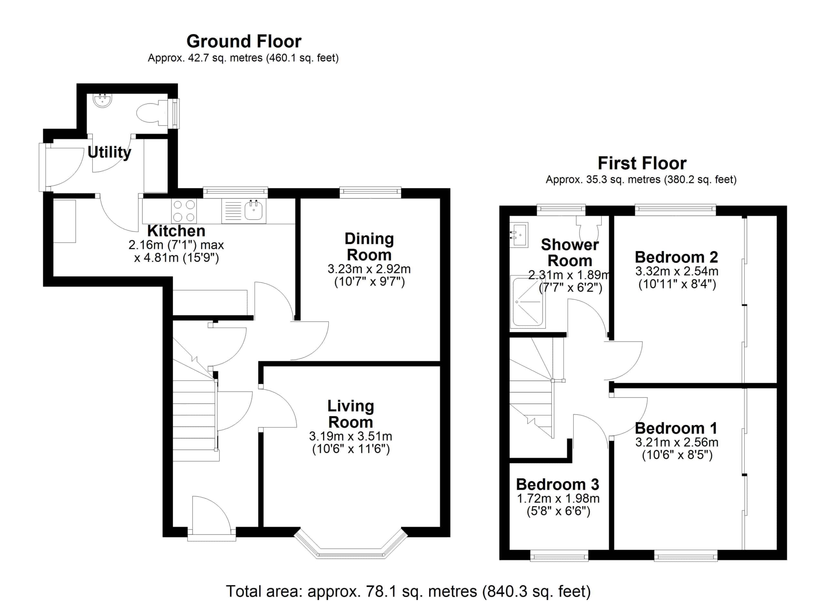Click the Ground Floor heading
(244, 41)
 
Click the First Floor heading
(642, 163)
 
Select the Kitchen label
(176, 231)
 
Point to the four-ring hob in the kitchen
(184, 211)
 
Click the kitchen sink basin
(253, 211)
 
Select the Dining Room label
(369, 247)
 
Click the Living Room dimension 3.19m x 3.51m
(351, 436)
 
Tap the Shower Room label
(570, 253)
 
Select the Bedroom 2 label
(676, 257)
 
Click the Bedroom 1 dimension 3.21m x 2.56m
(677, 442)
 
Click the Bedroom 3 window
(559, 556)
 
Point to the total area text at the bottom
(408, 591)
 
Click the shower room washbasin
(519, 235)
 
